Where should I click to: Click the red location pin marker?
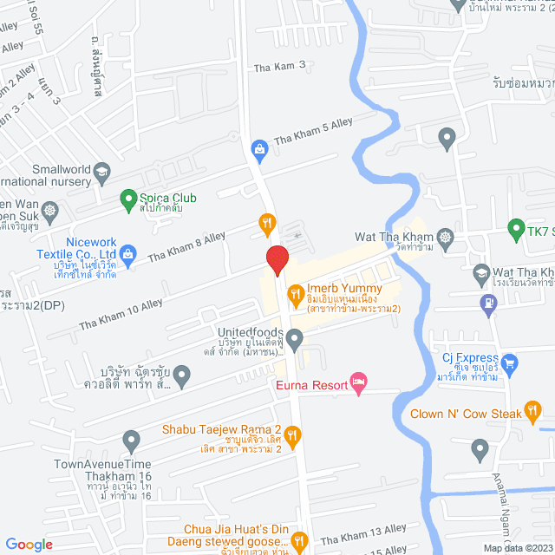(277, 259)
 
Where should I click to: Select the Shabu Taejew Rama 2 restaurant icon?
(293, 435)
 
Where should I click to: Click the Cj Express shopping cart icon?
(510, 362)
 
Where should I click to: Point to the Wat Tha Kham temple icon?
(446, 236)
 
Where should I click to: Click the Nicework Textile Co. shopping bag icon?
(127, 253)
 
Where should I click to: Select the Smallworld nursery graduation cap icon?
(101, 171)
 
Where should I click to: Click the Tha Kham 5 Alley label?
(313, 129)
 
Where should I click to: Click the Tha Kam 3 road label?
(280, 66)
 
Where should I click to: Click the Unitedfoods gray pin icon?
(295, 337)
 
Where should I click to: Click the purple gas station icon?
(488, 303)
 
